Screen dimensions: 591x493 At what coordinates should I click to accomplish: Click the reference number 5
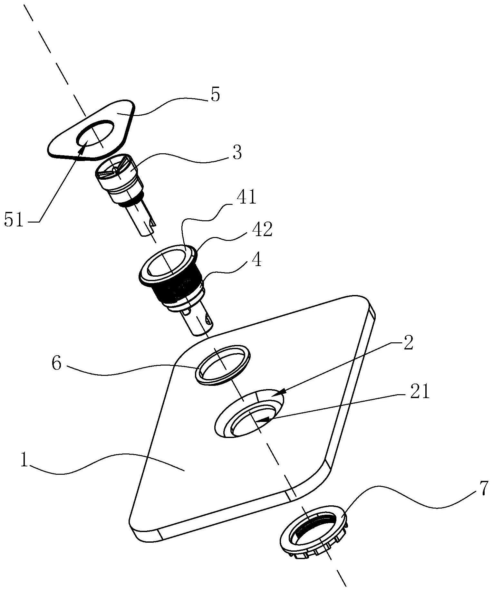(215, 95)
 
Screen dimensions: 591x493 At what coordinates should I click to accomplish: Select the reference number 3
(237, 153)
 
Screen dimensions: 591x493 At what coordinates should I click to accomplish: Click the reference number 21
(420, 392)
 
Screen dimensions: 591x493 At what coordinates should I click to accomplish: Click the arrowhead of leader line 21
(264, 419)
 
